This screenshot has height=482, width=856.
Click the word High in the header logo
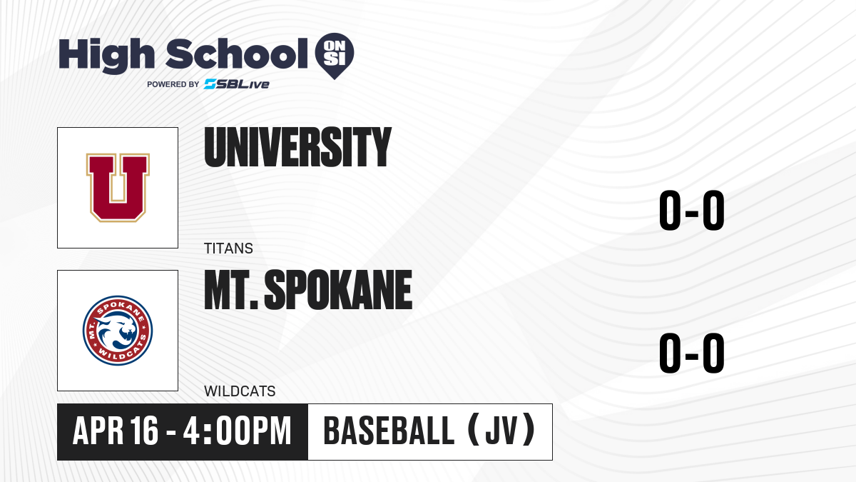click(x=106, y=55)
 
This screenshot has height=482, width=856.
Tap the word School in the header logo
click(x=237, y=54)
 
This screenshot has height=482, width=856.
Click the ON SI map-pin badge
click(x=335, y=56)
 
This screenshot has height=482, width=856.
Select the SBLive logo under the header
click(x=237, y=84)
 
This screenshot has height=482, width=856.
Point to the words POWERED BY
click(x=173, y=84)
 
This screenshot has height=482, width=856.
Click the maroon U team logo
click(x=118, y=187)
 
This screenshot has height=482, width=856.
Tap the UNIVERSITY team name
click(x=297, y=147)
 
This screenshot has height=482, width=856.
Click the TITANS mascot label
click(x=228, y=248)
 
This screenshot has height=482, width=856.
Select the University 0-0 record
click(x=692, y=211)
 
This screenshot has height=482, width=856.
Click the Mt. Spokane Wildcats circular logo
click(x=118, y=331)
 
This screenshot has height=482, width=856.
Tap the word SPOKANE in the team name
click(x=338, y=290)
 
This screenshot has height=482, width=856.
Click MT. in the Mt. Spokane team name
click(x=231, y=290)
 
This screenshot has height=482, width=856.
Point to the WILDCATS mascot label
click(x=240, y=391)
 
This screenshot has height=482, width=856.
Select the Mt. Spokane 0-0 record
click(x=692, y=353)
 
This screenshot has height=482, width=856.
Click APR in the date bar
click(x=98, y=431)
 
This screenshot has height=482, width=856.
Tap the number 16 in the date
click(x=143, y=431)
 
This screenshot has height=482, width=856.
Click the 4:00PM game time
click(x=237, y=431)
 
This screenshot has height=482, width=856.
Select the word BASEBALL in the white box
click(x=389, y=431)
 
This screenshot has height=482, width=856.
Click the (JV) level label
click(x=501, y=430)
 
